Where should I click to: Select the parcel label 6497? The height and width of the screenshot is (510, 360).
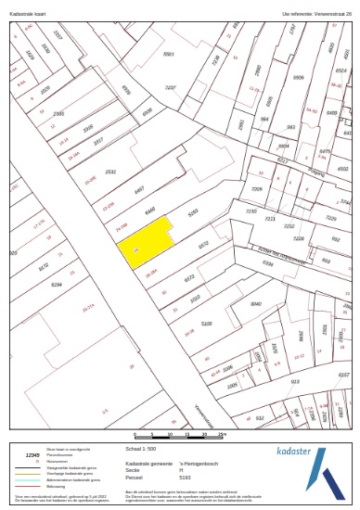click(139, 188)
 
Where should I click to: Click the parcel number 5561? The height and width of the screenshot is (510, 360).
click(168, 55)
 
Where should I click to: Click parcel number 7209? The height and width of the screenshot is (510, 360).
click(259, 188)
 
